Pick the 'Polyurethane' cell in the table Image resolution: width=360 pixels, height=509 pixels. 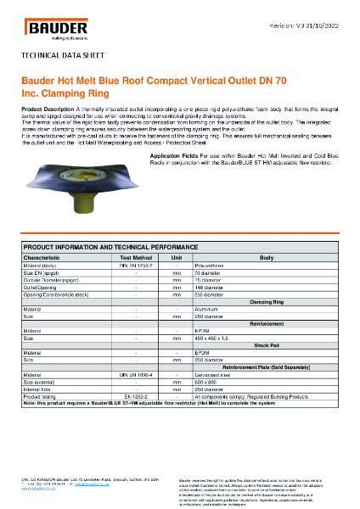tap(213, 266)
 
